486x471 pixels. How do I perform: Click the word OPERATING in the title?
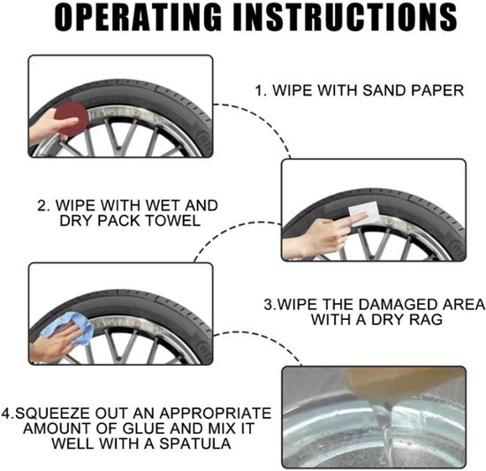coord(138,18)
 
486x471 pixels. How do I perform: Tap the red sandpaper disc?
coord(71,118)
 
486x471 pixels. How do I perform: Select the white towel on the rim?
coord(364,213)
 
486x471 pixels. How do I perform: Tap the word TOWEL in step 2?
coord(172,221)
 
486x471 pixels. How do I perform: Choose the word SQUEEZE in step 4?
coord(53,414)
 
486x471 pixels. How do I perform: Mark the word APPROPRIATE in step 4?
coord(216,414)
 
